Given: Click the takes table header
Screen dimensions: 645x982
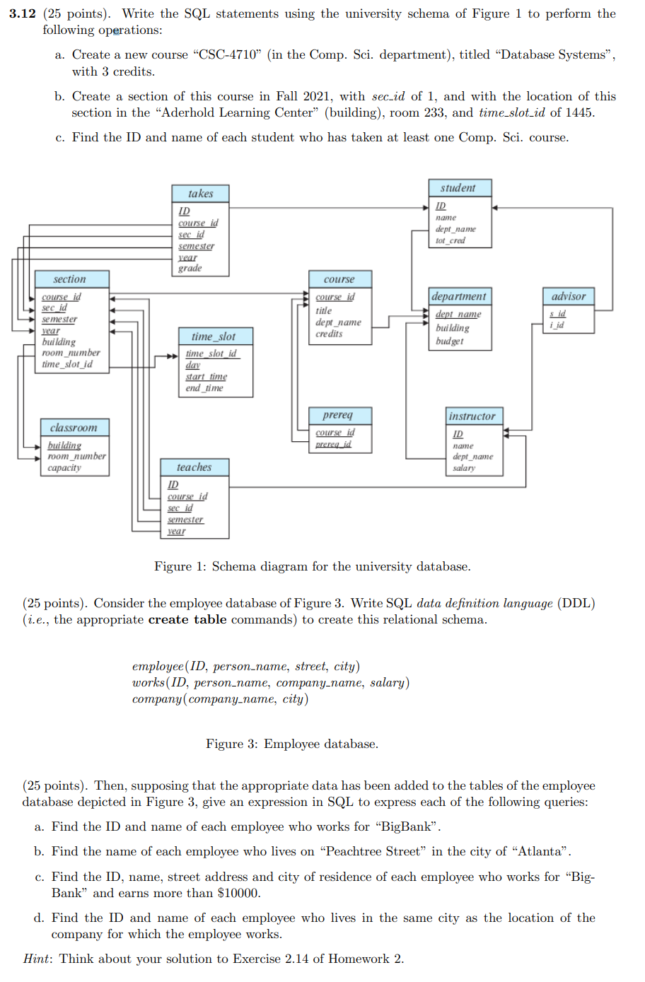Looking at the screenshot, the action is (x=200, y=194).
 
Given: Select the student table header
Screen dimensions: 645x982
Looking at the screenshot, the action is (x=460, y=188).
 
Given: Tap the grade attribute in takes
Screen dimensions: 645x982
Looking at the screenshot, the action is (x=190, y=268).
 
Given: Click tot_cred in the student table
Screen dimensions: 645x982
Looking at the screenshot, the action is (x=451, y=240).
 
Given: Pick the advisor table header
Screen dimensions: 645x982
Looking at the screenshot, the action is (x=569, y=296).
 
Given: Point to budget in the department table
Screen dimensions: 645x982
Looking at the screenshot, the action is (x=449, y=341).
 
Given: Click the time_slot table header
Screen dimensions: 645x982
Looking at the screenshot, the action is (x=216, y=337).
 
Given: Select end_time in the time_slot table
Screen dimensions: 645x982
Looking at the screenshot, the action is (x=204, y=388).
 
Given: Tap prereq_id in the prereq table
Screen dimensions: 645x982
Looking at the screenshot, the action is (x=334, y=444).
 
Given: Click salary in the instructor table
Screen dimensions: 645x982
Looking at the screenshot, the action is (x=464, y=468).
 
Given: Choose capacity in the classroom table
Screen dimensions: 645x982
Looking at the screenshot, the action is (x=64, y=468).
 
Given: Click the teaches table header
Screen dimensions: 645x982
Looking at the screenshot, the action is (x=194, y=467).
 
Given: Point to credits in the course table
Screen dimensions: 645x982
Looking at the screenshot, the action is (x=329, y=334).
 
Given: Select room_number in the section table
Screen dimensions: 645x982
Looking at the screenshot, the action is (x=71, y=353).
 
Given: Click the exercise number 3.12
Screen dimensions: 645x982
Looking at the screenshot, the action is (x=23, y=13).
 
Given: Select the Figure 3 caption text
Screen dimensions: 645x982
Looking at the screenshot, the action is (x=292, y=744).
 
